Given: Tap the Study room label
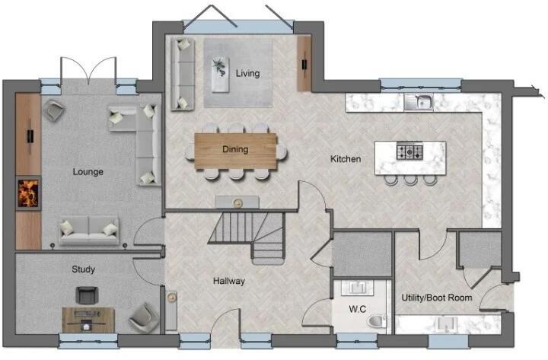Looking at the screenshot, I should pyautogui.click(x=83, y=269).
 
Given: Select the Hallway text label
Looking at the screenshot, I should pyautogui.click(x=229, y=281).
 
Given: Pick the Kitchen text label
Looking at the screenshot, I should pyautogui.click(x=345, y=159).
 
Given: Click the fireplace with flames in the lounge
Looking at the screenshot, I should pyautogui.click(x=28, y=193).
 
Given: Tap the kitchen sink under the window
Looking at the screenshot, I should pyautogui.click(x=419, y=102).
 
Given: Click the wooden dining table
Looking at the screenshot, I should pyautogui.click(x=236, y=150).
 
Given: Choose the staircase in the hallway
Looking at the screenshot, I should pyautogui.click(x=247, y=234).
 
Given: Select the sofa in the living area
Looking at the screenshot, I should pyautogui.click(x=181, y=74).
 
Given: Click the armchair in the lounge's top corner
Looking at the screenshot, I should pyautogui.click(x=53, y=111).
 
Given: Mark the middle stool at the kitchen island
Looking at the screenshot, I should pyautogui.click(x=411, y=180).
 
